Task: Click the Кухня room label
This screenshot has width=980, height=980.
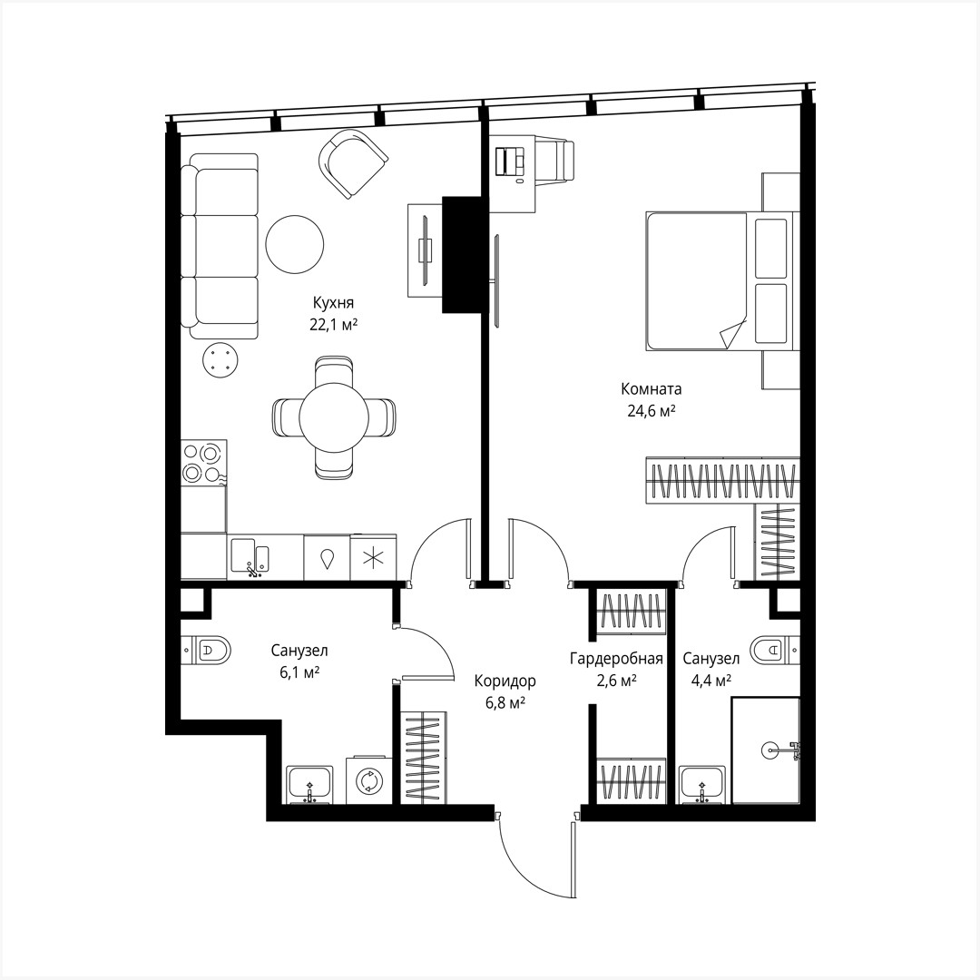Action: [x=333, y=303]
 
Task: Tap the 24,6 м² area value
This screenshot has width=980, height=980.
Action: [x=651, y=411]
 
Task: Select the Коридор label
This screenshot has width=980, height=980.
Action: [x=505, y=681]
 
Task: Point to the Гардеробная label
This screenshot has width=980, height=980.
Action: [x=616, y=659]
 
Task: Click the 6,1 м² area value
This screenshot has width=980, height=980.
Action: [x=299, y=672]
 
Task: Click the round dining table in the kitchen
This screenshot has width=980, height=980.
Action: [x=333, y=417]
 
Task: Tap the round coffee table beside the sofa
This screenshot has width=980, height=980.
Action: [x=294, y=243]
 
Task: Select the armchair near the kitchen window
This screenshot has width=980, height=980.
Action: [x=352, y=162]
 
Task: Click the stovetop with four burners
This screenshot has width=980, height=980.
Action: [x=203, y=462]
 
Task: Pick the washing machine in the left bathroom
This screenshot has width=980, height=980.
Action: [x=368, y=779]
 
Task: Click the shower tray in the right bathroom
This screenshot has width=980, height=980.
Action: [x=765, y=750]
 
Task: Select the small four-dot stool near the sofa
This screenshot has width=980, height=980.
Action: [x=220, y=360]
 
